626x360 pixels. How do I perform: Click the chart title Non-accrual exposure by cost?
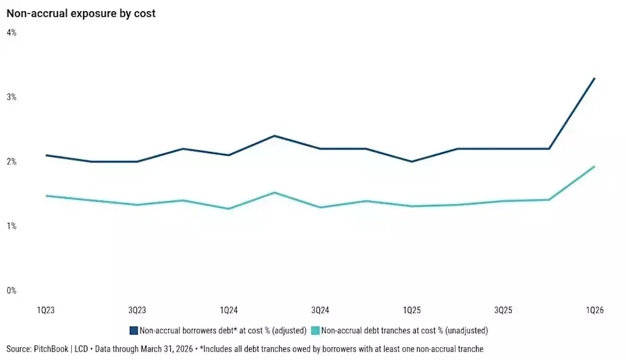(81, 13)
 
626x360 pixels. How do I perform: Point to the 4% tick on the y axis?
(11, 33)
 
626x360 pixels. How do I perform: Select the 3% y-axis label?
(11, 97)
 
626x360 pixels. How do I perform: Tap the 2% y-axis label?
(11, 162)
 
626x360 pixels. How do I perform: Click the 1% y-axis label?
(11, 226)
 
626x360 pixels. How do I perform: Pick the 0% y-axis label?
(11, 291)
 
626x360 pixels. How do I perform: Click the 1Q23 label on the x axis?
(46, 310)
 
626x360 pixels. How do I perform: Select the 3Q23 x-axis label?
(137, 310)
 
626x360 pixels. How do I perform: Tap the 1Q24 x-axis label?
(228, 310)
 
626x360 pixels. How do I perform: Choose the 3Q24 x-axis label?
(320, 310)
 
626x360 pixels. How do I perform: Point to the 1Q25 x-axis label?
(411, 310)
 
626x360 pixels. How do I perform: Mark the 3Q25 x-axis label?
(503, 310)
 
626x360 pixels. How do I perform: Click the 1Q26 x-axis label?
(595, 310)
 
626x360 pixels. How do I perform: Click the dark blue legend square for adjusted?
(134, 331)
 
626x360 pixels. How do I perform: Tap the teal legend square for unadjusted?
(316, 331)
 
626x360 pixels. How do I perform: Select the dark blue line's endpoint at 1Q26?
(595, 78)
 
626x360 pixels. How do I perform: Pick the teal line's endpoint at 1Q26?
(595, 166)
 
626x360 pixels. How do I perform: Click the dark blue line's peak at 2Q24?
(275, 136)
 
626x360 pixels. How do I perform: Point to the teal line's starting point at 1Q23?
(46, 196)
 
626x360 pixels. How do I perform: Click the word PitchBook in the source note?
(51, 349)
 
